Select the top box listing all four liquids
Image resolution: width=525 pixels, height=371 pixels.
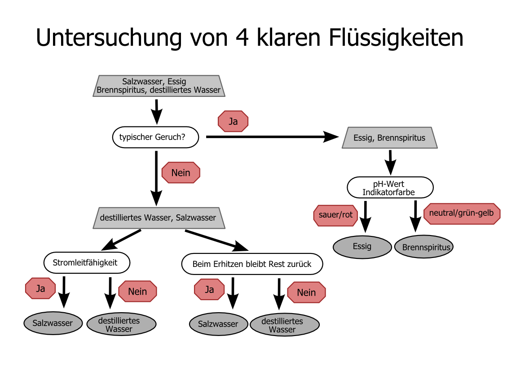[159, 86]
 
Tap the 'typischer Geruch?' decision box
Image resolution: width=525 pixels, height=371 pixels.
[155, 137]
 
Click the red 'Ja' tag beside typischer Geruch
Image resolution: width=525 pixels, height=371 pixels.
[233, 122]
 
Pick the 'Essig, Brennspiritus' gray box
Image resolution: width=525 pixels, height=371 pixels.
[389, 138]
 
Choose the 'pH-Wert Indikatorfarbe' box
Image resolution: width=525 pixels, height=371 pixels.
[390, 188]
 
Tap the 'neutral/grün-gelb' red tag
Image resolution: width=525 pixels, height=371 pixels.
[462, 213]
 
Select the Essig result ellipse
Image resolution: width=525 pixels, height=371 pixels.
[362, 246]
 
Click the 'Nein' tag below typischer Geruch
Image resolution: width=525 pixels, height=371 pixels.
[181, 173]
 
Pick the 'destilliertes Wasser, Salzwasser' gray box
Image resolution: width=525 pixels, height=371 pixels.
[158, 218]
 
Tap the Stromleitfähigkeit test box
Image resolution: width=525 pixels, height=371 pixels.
[87, 262]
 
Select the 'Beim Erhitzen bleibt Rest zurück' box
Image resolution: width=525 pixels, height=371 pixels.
[252, 264]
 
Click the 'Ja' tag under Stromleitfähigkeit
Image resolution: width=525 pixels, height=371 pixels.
[40, 289]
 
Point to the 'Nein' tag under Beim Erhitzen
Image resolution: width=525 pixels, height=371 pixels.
[306, 292]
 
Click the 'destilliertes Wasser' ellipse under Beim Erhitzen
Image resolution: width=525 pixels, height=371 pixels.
[284, 325]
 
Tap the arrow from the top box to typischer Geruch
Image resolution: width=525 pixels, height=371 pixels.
[156, 111]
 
